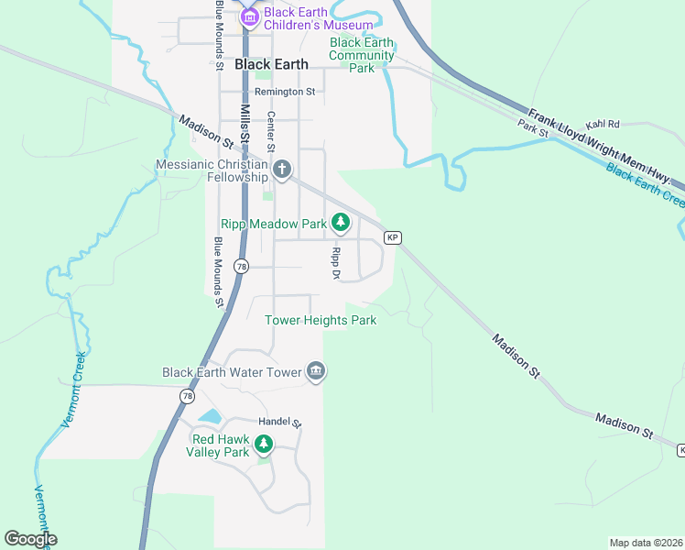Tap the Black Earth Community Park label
tap(363, 55)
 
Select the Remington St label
tap(285, 92)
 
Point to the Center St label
tap(271, 131)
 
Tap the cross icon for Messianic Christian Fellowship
tap(282, 169)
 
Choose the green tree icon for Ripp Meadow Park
tap(341, 222)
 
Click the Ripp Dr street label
tap(336, 262)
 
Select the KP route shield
tap(392, 237)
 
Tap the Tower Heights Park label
tap(321, 320)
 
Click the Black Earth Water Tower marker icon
tap(316, 370)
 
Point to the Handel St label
tap(279, 422)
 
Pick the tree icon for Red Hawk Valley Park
tap(264, 445)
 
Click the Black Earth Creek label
tap(645, 183)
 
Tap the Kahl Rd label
tap(603, 124)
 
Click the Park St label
tap(532, 128)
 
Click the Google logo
tap(30, 539)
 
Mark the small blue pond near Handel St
tap(210, 416)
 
